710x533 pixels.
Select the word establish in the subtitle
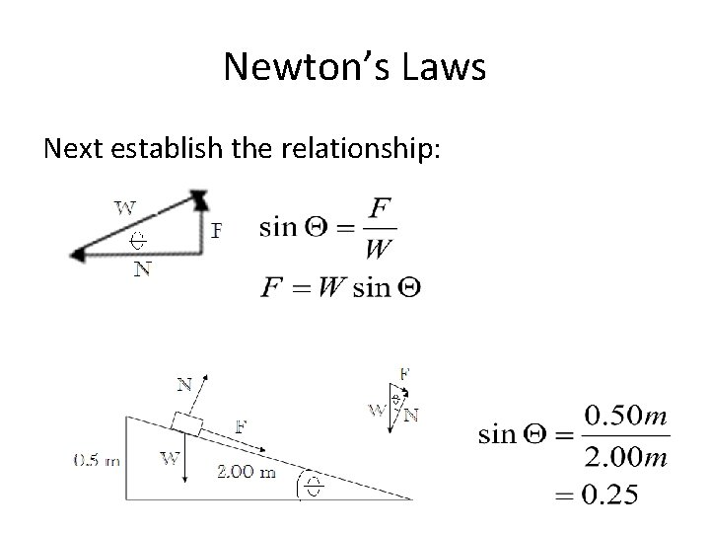coord(187,149)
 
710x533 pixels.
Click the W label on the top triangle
coord(125,207)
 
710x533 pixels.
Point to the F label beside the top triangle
coord(217,230)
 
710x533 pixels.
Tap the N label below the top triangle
coord(143,267)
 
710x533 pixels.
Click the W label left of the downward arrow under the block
coord(169,457)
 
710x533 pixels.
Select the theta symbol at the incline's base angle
coord(313,486)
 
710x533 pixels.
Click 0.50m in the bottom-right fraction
coord(626,416)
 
